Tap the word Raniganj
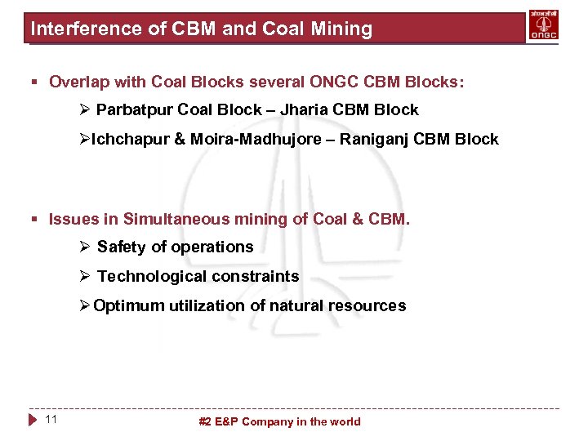375,140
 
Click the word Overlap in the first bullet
76,82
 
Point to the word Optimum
129,306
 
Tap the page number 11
51,420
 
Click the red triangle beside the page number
33,421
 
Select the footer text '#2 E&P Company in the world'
280,422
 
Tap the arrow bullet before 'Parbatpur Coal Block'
84,110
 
